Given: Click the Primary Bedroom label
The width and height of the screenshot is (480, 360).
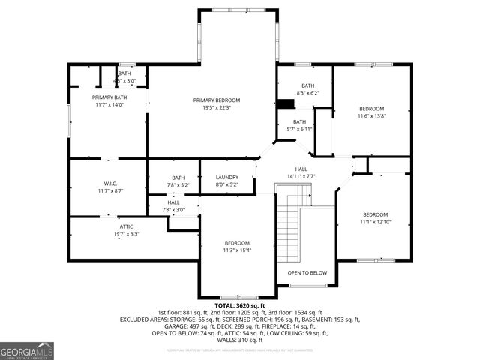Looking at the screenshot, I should (217, 100).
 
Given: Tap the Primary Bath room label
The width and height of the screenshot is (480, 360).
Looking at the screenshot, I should (110, 97).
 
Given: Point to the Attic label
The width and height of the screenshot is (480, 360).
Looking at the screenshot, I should (127, 226).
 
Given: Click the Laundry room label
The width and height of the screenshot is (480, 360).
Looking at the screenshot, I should (226, 178).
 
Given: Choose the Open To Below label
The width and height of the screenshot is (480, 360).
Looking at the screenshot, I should (307, 273).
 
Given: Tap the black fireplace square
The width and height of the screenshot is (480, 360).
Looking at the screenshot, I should (286, 105).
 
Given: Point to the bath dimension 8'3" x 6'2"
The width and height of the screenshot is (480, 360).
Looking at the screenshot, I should (308, 93).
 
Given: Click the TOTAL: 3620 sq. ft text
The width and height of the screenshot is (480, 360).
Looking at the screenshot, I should (240, 306).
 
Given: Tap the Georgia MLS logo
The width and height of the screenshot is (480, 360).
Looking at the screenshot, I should (27, 350).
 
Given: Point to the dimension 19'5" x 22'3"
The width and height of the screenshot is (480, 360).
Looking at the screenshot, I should (217, 108).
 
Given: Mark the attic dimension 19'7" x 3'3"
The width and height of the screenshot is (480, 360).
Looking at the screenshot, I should (127, 234).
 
